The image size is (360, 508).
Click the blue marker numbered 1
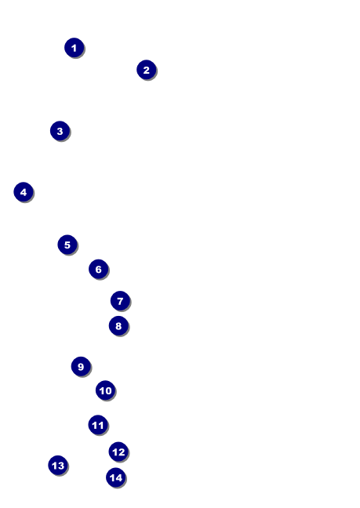coord(75,48)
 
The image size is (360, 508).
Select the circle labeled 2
coord(147,70)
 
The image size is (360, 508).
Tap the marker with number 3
coord(60,131)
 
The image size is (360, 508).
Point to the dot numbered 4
coord(24,192)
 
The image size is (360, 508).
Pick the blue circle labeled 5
coord(67,245)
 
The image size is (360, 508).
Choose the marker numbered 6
coord(99,269)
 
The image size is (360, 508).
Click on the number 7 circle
coord(120,301)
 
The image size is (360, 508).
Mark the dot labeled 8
coord(118,325)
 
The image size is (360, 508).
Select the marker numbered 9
coord(81,366)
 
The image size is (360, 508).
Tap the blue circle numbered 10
coord(105,390)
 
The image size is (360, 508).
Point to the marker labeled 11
coord(98,425)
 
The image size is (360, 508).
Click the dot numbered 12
coord(118,452)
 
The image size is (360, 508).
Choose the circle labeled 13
coord(58,465)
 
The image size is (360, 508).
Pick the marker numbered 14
coord(116,477)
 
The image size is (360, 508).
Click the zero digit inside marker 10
coord(108,390)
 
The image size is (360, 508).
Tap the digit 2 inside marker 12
coord(122,452)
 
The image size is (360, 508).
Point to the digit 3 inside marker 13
coord(61,466)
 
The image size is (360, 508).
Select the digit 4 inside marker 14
coord(119,478)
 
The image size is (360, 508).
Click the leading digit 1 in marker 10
coord(102,390)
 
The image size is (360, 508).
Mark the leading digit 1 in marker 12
coord(115,452)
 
